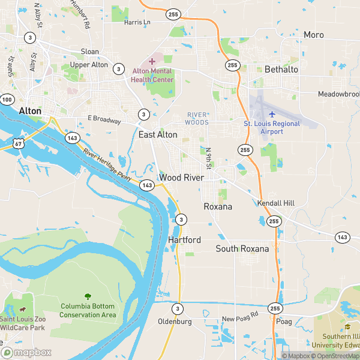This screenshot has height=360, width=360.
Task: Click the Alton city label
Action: pos(30,111)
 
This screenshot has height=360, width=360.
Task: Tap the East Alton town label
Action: pos(158,135)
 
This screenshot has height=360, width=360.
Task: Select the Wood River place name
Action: pos(182,178)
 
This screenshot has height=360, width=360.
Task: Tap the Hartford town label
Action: pos(184,239)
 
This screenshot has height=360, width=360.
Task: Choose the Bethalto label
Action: pos(281,70)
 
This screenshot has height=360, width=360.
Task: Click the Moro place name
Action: pos(313,35)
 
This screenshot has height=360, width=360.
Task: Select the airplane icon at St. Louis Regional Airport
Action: pos(272,113)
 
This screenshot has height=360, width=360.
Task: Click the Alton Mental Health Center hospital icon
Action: pos(152,61)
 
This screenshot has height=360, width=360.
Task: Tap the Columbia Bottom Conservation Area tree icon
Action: pos(88,296)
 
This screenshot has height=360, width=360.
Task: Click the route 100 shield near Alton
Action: pos(7,100)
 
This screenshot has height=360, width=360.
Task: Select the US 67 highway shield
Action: pos(20,143)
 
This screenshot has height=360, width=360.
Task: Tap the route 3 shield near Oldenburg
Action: pos(178,308)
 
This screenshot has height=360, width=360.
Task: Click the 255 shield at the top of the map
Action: pos(174,13)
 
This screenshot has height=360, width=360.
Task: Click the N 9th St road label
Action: pos(209,157)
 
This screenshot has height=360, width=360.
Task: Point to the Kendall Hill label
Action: pos(276,203)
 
